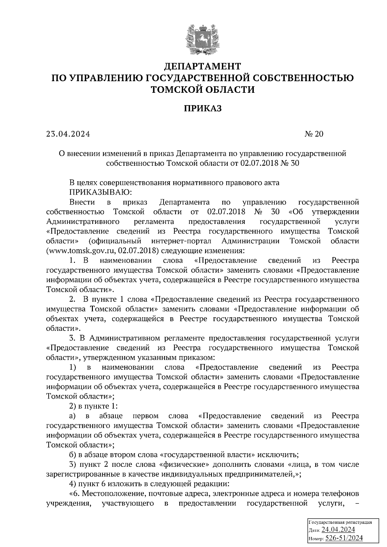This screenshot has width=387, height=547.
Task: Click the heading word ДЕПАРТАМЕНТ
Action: (203, 66)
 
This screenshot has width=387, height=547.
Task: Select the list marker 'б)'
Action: (73, 455)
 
